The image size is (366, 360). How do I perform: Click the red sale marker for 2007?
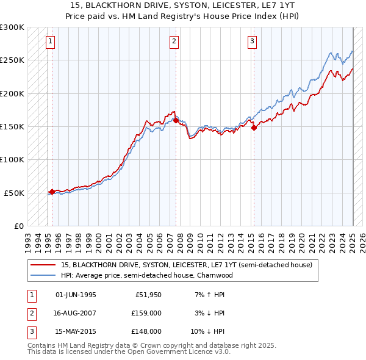coord(176,121)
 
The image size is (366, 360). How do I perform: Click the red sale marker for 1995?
coord(52,192)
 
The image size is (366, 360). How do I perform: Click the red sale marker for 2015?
coord(254,128)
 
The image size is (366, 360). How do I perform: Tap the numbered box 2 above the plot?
coord(174,41)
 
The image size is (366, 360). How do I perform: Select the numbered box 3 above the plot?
coord(252,41)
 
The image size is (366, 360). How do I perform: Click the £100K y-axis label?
coord(12,159)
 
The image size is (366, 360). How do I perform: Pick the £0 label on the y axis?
coord(18,226)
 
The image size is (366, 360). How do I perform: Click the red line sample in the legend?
coord(43,265)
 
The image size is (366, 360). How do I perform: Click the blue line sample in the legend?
coord(43,275)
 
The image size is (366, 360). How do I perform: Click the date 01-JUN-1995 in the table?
coord(76,295)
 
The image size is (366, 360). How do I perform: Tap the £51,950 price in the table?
coord(148,295)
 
